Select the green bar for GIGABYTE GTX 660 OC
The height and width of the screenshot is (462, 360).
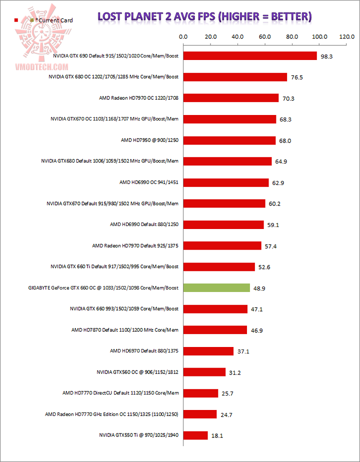coord(216,287)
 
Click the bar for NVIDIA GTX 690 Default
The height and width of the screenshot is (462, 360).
coord(250,56)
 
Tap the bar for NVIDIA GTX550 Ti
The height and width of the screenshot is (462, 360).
coord(195,435)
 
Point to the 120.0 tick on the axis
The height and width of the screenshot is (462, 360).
coord(346,36)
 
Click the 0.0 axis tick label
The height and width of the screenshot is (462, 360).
coord(183,36)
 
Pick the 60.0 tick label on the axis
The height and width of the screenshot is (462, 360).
coord(264,36)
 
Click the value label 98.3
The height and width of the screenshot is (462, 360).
coord(326,56)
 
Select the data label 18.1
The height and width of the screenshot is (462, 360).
coord(217,435)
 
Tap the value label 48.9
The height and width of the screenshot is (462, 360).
coord(259,288)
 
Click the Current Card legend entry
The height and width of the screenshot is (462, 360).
coord(52,20)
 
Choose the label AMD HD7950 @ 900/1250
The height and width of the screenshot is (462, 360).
coord(149,140)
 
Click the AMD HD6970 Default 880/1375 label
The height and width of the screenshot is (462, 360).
coord(144,351)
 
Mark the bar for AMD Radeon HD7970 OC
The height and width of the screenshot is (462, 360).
coord(231,98)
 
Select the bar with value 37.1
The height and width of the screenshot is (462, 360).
coord(208,351)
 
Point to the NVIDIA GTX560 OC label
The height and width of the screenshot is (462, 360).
coord(137,372)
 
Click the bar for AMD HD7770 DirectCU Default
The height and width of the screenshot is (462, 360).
coord(200,393)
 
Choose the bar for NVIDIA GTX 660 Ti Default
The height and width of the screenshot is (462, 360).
coord(219,266)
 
